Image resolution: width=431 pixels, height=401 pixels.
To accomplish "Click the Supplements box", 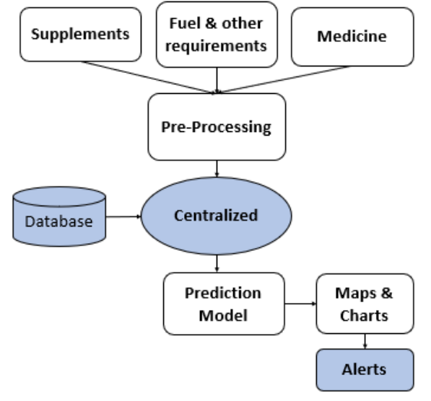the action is coord(81,35).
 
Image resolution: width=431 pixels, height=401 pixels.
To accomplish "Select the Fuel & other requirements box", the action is coord(217,35).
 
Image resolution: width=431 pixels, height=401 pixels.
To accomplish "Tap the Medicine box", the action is coord(352,37).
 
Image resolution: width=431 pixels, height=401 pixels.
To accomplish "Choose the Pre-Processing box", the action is coord(217,127).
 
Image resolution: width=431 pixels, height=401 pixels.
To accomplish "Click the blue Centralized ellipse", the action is coord(217,216).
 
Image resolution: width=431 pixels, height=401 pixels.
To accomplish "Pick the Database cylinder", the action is coord(59,216).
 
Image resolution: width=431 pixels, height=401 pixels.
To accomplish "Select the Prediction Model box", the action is coord(224,304).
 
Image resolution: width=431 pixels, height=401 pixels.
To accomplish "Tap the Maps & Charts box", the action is coord(365,304).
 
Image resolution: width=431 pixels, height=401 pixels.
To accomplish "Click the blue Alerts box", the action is coord(365,370).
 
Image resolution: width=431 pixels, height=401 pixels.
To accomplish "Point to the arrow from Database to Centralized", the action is coord(123,216).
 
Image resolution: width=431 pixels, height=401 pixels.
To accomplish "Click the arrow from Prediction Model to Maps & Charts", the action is coord(300,304).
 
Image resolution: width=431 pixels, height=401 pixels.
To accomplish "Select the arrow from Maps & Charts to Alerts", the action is coord(365,341).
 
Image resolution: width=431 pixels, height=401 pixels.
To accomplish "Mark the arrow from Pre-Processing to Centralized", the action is coord(217,169).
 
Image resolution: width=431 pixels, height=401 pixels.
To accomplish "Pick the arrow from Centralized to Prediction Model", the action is coord(217,264).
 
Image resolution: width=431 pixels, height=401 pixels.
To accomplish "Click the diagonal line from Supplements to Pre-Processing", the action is coord(149,77).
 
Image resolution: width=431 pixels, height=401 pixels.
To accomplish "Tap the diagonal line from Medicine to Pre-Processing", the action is coord(284,79).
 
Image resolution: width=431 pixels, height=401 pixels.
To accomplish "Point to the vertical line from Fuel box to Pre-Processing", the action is coord(217,81).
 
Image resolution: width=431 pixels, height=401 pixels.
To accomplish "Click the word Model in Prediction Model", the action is coord(223,316).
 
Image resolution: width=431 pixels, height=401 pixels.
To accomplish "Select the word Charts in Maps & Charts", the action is coord(364,316).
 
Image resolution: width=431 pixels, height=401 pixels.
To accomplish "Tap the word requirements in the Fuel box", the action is coord(216,46).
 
